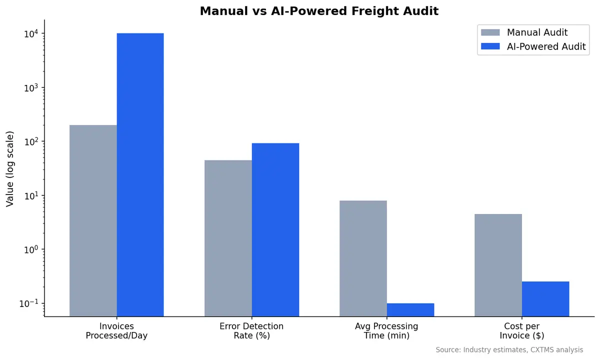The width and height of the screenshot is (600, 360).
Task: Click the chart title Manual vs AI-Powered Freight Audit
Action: point(319,11)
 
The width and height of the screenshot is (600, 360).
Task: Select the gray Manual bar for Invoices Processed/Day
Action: point(93,220)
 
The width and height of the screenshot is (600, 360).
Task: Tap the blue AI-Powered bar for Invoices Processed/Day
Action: point(140,175)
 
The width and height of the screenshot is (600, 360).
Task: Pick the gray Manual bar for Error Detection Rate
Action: point(228,238)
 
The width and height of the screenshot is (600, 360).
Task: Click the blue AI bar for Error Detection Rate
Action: point(275,229)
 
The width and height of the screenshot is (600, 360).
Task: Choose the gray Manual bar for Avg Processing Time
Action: point(363,258)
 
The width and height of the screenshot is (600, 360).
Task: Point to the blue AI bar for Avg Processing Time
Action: point(410,309)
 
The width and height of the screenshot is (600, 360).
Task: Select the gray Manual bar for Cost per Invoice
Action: point(498,265)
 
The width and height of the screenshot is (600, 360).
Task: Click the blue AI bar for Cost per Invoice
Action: point(545,298)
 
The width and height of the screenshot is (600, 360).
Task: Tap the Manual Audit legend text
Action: point(537,32)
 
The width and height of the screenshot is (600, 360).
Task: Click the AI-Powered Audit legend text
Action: point(546,46)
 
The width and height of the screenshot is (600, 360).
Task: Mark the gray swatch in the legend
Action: point(490,32)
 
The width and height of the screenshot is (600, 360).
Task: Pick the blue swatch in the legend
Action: point(490,46)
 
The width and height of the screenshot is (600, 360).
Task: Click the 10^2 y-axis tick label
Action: point(30,141)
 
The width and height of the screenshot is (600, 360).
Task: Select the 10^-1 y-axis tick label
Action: point(28,303)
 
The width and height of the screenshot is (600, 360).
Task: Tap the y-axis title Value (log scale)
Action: point(10,168)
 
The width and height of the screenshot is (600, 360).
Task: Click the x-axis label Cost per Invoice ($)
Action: point(521,331)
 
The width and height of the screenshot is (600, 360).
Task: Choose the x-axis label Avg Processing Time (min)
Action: point(386,331)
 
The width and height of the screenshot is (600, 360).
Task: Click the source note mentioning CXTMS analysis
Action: point(509,350)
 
